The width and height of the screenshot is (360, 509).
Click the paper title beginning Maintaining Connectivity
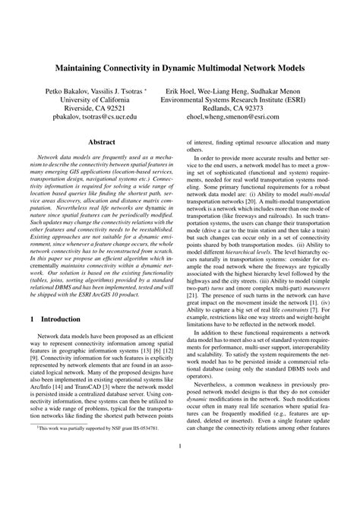pos(180,68)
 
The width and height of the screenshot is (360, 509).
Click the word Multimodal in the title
pos(211,68)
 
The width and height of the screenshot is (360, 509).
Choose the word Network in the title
pos(257,68)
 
